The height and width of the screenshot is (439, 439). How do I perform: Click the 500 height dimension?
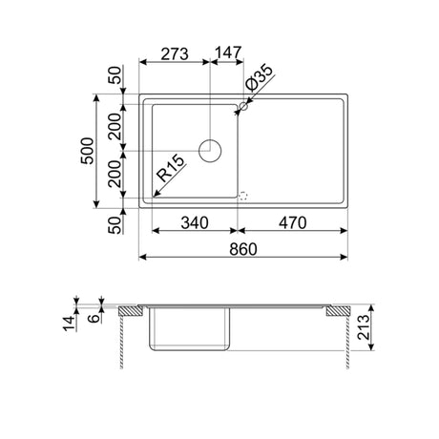coord(88,151)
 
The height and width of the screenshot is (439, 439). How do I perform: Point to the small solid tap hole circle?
coord(241,109)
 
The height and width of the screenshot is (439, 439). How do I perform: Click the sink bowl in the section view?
coord(192,330)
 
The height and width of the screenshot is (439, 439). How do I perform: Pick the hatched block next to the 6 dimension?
coord(128,311)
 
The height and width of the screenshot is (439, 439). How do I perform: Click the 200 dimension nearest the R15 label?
coord(114,174)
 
